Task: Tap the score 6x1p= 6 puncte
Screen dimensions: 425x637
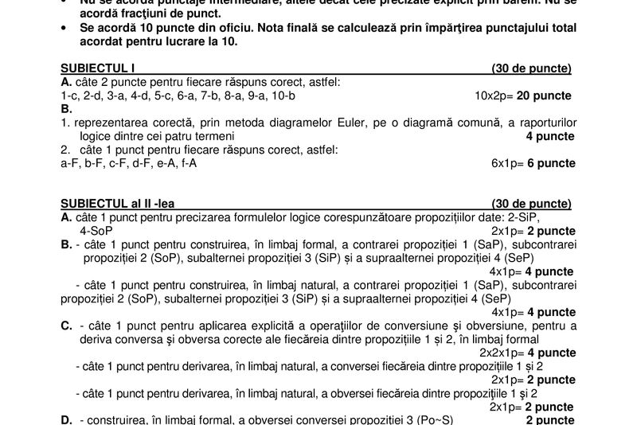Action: pyautogui.click(x=533, y=163)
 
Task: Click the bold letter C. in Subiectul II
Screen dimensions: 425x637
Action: pyautogui.click(x=67, y=326)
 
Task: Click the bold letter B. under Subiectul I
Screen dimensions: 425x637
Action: pyautogui.click(x=67, y=109)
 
